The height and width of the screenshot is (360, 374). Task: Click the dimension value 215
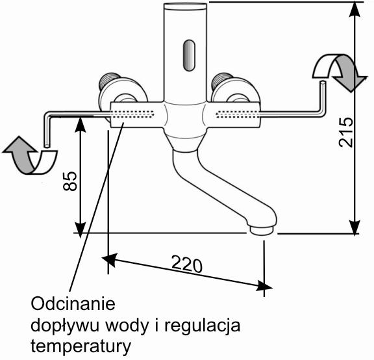pos(346,132)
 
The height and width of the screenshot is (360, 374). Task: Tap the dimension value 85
pos(70,181)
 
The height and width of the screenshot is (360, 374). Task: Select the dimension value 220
pos(187,264)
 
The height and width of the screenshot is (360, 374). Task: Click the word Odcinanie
pos(73,303)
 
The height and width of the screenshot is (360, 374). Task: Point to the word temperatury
pos(81,346)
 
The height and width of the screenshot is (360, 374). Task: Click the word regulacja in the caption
pos(203,326)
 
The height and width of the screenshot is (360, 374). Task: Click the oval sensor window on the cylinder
pos(189,55)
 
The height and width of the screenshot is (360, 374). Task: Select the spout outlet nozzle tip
pos(261,231)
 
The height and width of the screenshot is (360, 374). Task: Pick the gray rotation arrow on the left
pos(20,155)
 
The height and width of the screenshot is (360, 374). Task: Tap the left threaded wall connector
pos(109,80)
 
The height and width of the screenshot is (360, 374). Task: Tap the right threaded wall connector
pos(222,81)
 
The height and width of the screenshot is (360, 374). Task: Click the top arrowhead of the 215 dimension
pos(355,9)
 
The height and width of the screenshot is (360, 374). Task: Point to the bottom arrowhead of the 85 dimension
pos(81,230)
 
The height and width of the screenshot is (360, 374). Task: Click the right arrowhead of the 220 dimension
pos(264,286)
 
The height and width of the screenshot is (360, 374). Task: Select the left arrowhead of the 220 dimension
pos(110,259)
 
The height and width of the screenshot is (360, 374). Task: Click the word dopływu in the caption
pos(65,326)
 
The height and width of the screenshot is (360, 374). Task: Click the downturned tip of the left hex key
pos(47,146)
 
